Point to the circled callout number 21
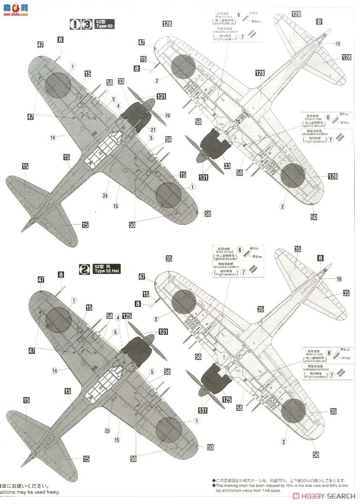153,130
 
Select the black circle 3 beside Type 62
87,24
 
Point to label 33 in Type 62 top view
121,81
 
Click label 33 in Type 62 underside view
227,166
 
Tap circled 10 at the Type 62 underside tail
338,44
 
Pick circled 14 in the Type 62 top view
53,137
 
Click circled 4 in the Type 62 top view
118,105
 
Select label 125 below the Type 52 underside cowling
227,399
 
